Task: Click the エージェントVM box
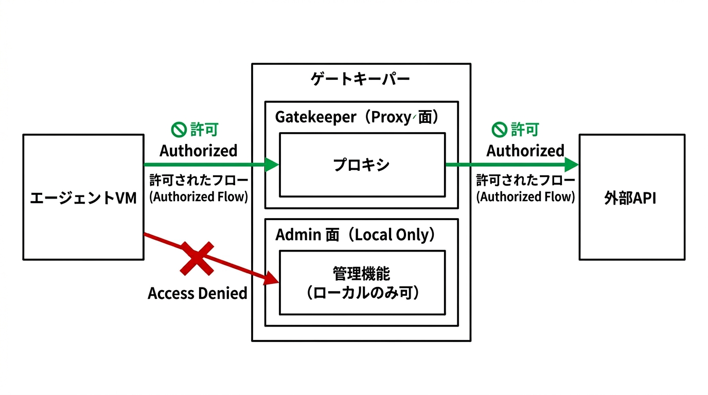(83, 197)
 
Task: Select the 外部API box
(631, 197)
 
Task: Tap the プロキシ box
(362, 165)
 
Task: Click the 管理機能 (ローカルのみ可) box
(362, 282)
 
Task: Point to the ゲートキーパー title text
(361, 79)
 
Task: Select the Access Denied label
(198, 293)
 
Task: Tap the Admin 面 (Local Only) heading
(356, 235)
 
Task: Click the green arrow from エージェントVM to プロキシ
(206, 165)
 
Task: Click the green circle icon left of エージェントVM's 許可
(179, 130)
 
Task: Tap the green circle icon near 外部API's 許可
(499, 130)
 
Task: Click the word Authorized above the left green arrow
(198, 151)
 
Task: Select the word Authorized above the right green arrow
(525, 151)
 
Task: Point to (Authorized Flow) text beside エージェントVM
(199, 197)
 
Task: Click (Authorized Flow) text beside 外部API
(525, 197)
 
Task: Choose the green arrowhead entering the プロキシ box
(271, 165)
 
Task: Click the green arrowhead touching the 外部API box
(572, 165)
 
